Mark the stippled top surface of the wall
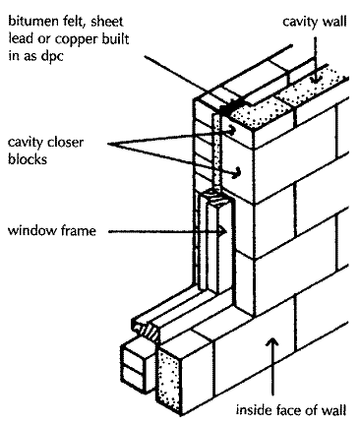tap(295, 98)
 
